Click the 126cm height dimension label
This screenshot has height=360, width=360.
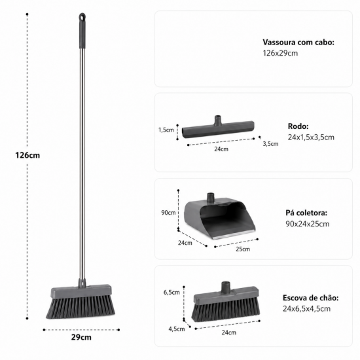click(x=27, y=155)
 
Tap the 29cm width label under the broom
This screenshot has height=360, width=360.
click(x=81, y=337)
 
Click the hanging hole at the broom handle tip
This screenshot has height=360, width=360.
click(x=82, y=17)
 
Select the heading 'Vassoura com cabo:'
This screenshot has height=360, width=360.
click(x=298, y=43)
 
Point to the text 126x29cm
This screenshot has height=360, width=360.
click(x=280, y=53)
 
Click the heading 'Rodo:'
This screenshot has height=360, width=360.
click(x=298, y=126)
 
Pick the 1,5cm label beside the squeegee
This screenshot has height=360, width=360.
click(x=166, y=130)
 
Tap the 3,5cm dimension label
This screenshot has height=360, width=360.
click(x=270, y=144)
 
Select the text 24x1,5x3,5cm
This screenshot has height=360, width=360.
click(x=311, y=137)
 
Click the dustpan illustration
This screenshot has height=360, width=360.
click(x=220, y=216)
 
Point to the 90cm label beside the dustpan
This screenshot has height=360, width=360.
click(x=168, y=213)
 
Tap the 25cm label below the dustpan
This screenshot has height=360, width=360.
click(x=243, y=249)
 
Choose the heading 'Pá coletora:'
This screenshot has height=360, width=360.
click(x=306, y=213)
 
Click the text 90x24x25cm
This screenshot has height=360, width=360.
click(x=308, y=224)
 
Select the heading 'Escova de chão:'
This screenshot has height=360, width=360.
click(x=311, y=298)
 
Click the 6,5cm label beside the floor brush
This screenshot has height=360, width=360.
click(x=171, y=293)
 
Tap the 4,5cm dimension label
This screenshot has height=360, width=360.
click(x=177, y=329)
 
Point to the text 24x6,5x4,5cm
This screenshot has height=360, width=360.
click(x=306, y=309)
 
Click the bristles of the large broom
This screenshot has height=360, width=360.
click(x=81, y=307)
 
